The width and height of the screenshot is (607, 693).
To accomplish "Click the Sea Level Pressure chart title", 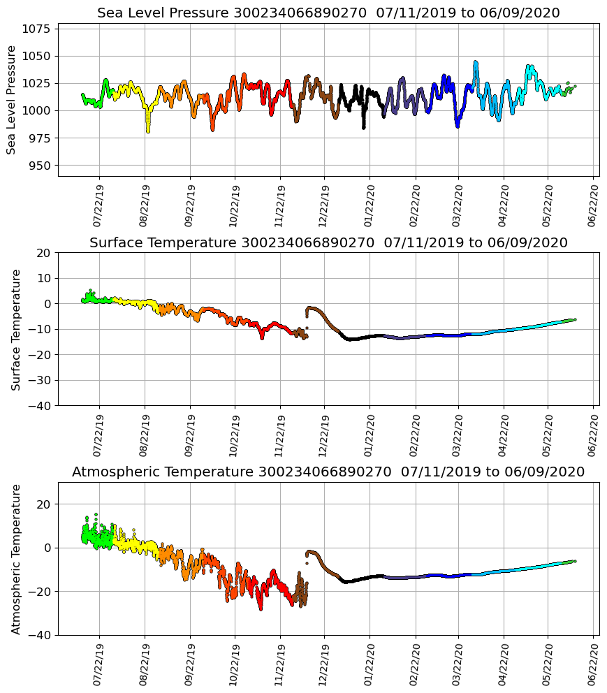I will click(x=328, y=13).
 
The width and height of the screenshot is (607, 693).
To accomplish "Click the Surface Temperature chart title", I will click(x=328, y=243).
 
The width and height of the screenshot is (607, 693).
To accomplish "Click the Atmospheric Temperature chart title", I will click(x=328, y=472).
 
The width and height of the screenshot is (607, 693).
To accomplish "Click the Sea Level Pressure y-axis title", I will click(x=12, y=99).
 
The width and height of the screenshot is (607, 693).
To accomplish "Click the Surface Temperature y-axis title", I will click(x=16, y=329).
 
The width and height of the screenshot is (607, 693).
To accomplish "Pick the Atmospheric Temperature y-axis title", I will click(x=16, y=558).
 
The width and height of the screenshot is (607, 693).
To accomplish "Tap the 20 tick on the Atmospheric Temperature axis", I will click(x=43, y=504).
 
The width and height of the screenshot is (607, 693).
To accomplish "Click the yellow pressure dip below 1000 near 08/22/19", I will click(x=147, y=129).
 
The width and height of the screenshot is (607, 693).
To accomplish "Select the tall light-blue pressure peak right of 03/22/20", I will click(x=476, y=63).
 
